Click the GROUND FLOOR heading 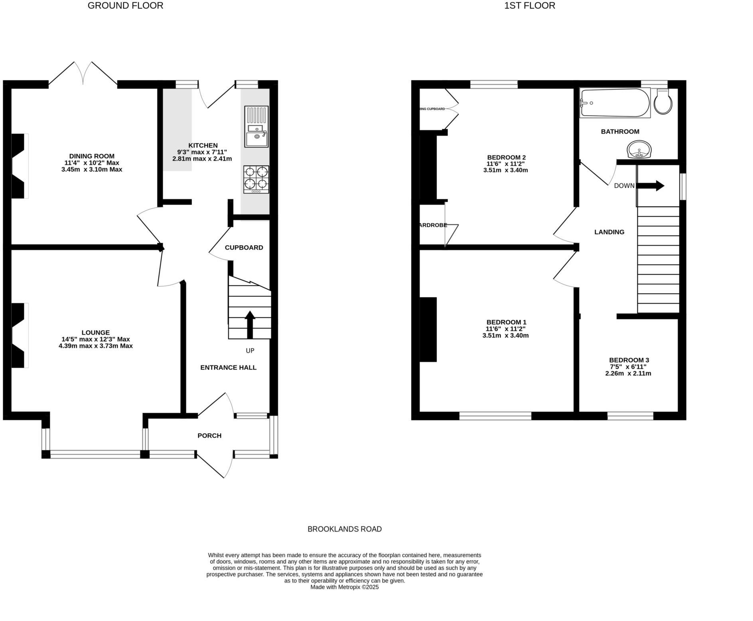[x=125, y=6]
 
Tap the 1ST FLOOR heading [x=529, y=6]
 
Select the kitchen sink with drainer [x=256, y=127]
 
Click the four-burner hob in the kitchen [x=256, y=179]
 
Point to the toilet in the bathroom [x=663, y=102]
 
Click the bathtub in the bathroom [x=614, y=103]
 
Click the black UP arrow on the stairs [x=250, y=324]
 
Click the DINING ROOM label [x=92, y=156]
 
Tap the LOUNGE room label [x=95, y=332]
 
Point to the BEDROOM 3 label [x=629, y=360]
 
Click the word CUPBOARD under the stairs [x=244, y=247]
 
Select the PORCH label [x=209, y=436]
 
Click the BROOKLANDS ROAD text [x=344, y=529]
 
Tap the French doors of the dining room [x=83, y=74]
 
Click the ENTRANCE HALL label [x=228, y=367]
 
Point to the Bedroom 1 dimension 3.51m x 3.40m [x=505, y=335]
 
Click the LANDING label [x=609, y=232]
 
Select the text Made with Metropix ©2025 [x=344, y=587]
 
